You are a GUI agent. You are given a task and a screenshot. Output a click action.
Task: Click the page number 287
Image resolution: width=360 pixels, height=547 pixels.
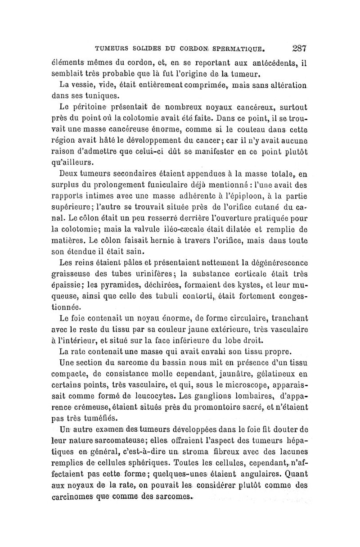[299, 48]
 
